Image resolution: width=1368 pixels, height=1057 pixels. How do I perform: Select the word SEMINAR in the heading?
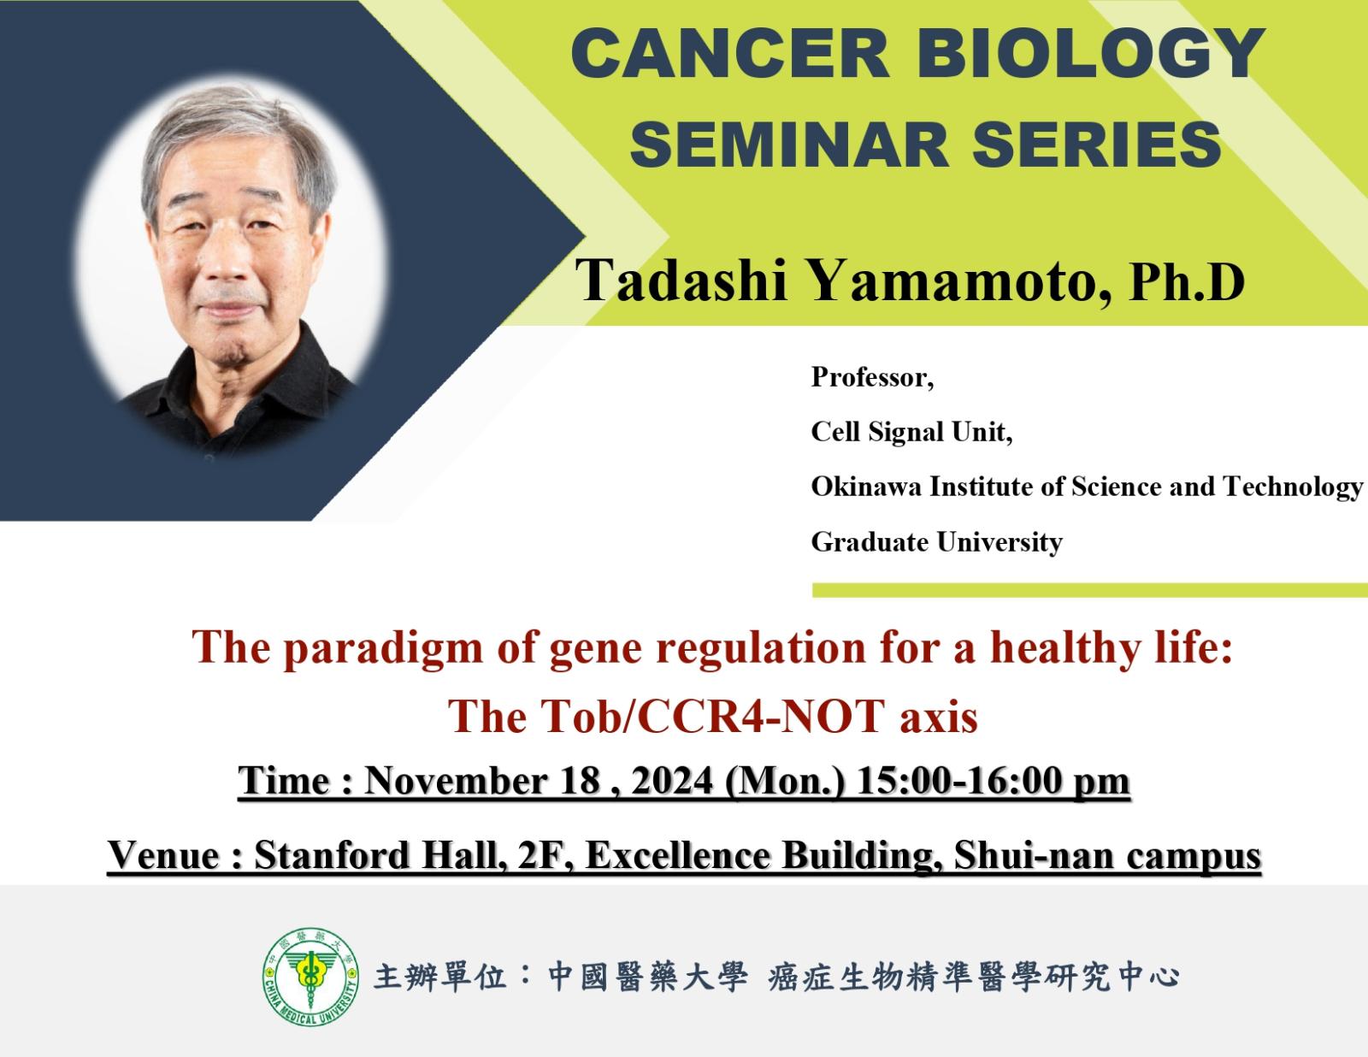pos(789,145)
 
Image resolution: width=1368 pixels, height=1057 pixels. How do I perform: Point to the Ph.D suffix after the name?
pos(1188,283)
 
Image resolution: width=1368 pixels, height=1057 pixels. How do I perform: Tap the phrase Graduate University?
pos(937,542)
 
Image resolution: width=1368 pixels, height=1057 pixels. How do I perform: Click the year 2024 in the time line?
pos(672,781)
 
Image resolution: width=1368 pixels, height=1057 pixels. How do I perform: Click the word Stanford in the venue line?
pos(332,855)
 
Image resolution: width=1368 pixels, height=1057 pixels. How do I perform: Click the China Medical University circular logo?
pos(310,977)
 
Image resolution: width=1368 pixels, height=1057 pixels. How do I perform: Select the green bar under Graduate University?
pos(1090,590)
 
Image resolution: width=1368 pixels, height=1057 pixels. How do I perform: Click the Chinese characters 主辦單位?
pos(440,977)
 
